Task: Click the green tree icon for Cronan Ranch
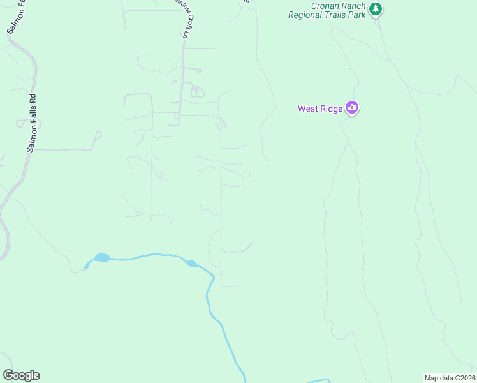pyautogui.click(x=376, y=9)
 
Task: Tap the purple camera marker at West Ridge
pyautogui.click(x=351, y=108)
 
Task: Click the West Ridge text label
pyautogui.click(x=320, y=109)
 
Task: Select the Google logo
pyautogui.click(x=21, y=375)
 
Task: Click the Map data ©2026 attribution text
pyautogui.click(x=450, y=378)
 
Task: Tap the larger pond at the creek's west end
pyautogui.click(x=100, y=258)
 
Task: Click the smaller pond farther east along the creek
pyautogui.click(x=191, y=263)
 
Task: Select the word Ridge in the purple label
pyautogui.click(x=331, y=109)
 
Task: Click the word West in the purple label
pyautogui.click(x=308, y=109)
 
